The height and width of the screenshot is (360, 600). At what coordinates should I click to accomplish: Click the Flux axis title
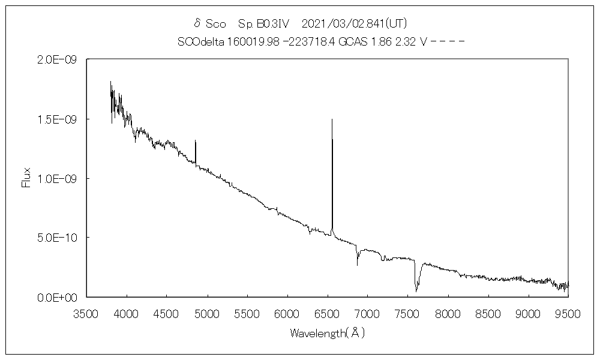tap(26, 178)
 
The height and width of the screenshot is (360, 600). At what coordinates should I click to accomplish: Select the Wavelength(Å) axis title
tap(327, 332)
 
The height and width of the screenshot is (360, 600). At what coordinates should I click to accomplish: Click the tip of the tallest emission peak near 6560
tap(332, 119)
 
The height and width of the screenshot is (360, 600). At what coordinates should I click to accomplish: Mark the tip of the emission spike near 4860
tap(196, 140)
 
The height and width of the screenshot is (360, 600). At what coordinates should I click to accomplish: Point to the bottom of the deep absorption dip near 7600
tap(416, 291)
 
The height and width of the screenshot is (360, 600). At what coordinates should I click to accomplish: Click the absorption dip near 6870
tap(358, 264)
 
